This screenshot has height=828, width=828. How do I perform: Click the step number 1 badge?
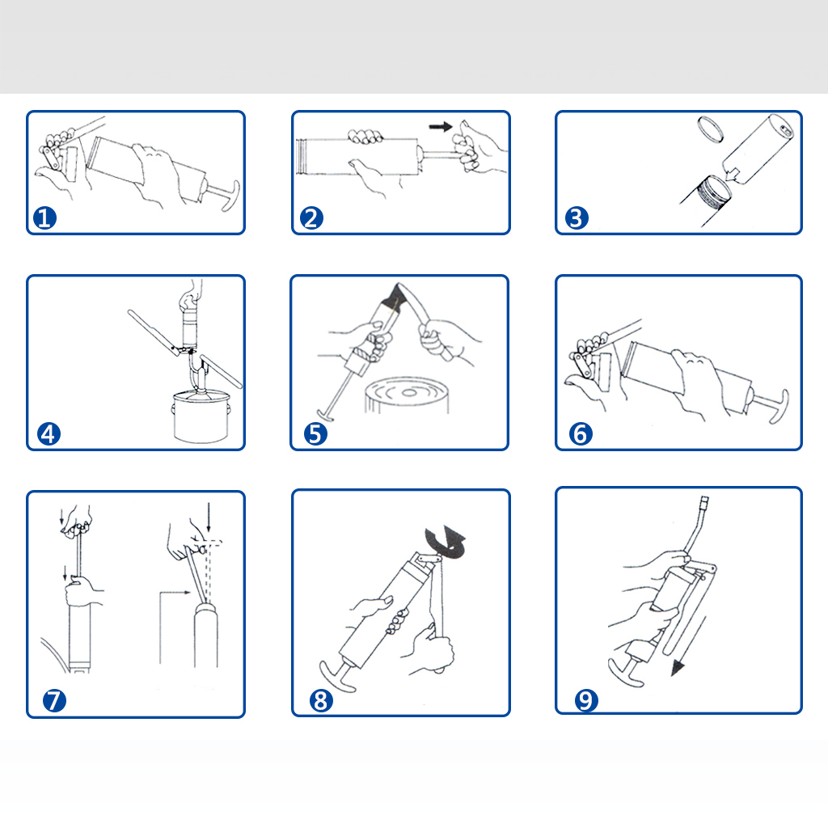pyautogui.click(x=45, y=218)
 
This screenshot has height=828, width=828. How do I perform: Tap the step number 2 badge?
pyautogui.click(x=311, y=218)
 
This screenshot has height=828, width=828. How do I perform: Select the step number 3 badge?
pyautogui.click(x=577, y=218)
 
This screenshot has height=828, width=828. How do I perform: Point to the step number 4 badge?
pyautogui.click(x=49, y=434)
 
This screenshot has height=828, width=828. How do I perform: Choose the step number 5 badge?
pyautogui.click(x=315, y=434)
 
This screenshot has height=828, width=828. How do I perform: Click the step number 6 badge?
pyautogui.click(x=581, y=434)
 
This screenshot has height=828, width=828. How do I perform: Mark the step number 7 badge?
pyautogui.click(x=54, y=701)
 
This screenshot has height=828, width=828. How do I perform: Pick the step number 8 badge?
pyautogui.click(x=321, y=701)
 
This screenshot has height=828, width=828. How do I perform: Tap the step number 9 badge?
pyautogui.click(x=586, y=701)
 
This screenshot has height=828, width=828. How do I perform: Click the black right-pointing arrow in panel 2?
pyautogui.click(x=441, y=127)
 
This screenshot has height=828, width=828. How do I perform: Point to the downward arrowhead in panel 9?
pyautogui.click(x=677, y=670)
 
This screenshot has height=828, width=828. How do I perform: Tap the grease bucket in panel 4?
pyautogui.click(x=201, y=416)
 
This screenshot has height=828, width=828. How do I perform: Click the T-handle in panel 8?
pyautogui.click(x=336, y=677)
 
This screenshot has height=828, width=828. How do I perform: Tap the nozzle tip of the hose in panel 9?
pyautogui.click(x=704, y=501)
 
